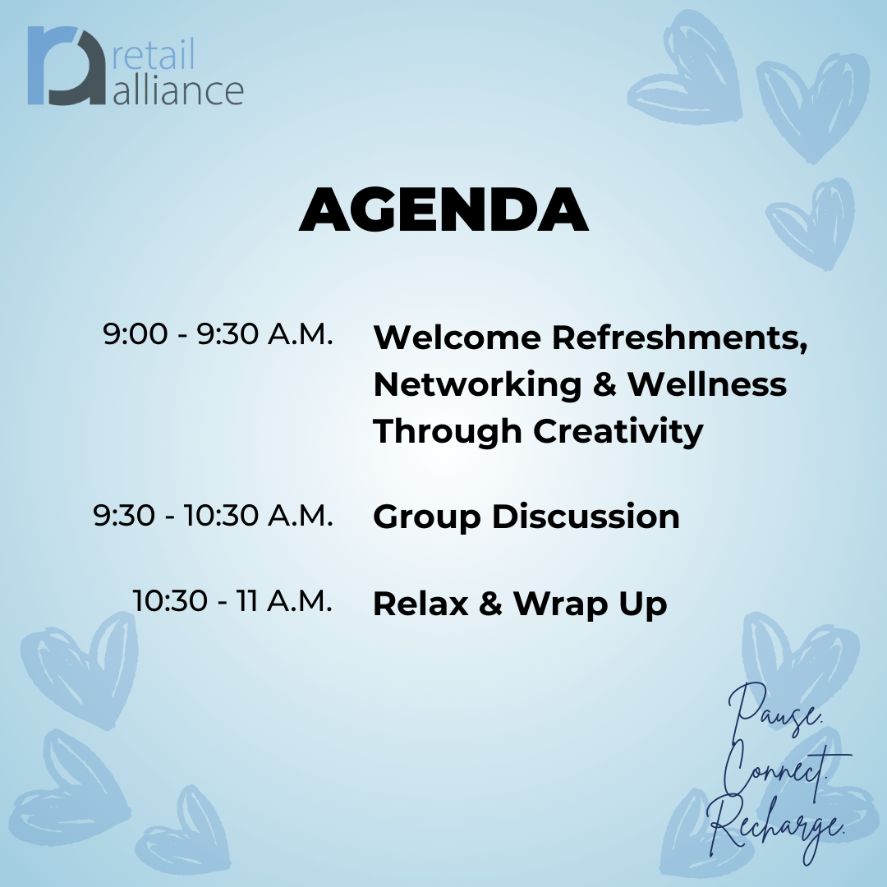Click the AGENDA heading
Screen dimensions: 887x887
tap(444, 210)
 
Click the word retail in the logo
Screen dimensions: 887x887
tap(154, 54)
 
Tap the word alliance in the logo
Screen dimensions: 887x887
tap(178, 89)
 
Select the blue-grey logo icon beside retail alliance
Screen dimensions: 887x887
tap(67, 66)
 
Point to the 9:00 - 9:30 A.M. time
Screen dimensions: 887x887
tap(218, 333)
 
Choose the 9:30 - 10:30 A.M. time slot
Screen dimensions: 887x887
tap(213, 515)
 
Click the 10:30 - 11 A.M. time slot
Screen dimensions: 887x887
tap(232, 600)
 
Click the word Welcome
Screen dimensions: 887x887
tap(457, 338)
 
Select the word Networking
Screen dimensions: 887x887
tap(477, 384)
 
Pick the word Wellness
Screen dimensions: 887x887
tap(707, 384)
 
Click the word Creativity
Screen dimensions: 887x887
tap(618, 432)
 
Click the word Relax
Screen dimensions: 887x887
tap(421, 604)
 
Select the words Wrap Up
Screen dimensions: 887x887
tap(590, 604)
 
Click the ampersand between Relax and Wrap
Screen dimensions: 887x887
tap(490, 604)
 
